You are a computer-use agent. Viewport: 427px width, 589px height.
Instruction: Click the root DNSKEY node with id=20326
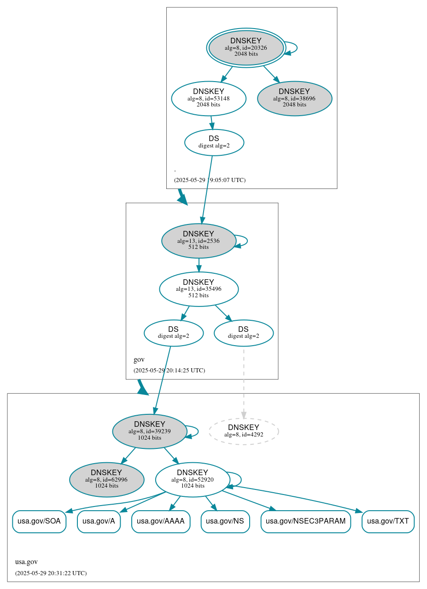[x=246, y=48]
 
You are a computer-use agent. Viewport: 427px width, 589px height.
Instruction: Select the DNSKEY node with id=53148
[x=209, y=98]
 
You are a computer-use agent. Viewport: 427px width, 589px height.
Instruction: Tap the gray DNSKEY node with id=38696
[x=294, y=98]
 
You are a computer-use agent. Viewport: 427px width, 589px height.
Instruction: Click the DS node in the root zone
[x=214, y=142]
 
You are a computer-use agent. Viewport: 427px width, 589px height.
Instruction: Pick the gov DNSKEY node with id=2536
[x=199, y=241]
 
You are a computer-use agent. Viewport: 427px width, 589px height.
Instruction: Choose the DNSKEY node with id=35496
[x=199, y=289]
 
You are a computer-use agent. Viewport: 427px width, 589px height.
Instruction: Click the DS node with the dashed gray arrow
[x=244, y=333]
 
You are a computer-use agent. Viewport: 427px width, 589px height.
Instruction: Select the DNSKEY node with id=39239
[x=150, y=431]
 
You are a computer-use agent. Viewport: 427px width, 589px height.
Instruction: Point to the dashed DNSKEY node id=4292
[x=244, y=431]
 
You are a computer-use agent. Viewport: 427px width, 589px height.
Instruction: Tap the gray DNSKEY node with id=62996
[x=106, y=479]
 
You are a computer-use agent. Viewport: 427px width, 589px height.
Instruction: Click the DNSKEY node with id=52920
[x=193, y=479]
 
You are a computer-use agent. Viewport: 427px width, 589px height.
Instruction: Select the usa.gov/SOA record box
[x=39, y=521]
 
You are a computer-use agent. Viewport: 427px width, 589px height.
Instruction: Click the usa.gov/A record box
[x=99, y=521]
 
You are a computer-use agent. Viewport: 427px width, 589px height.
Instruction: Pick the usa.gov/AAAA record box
[x=161, y=521]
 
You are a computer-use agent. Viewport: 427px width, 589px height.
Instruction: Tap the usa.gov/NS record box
[x=225, y=521]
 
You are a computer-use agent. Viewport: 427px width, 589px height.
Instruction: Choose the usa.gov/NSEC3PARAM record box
[x=306, y=521]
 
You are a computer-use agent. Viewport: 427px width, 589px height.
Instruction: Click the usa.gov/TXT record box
[x=388, y=521]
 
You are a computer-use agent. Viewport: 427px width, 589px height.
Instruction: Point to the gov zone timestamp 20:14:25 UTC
[x=169, y=370]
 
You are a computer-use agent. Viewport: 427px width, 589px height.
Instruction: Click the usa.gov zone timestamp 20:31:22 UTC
[x=51, y=573]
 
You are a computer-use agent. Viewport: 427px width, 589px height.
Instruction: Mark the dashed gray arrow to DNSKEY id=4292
[x=244, y=383]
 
